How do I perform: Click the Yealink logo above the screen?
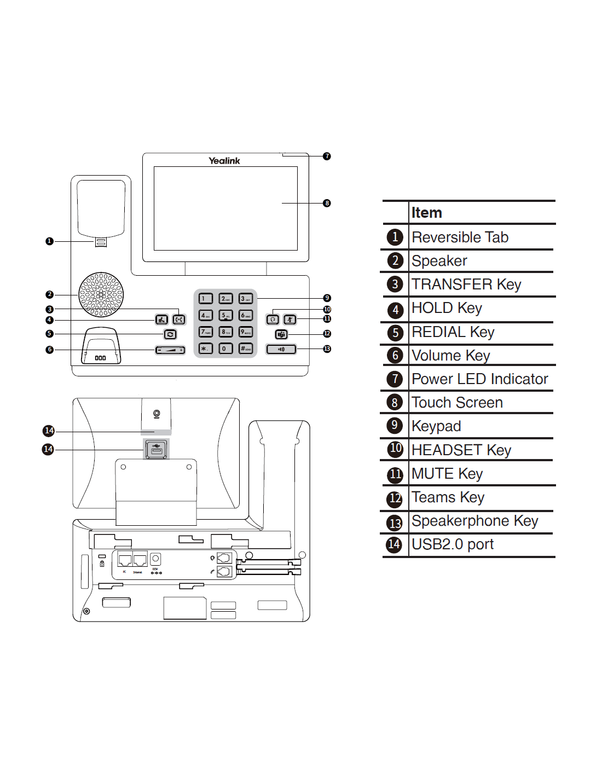tap(224, 161)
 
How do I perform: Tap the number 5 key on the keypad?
tap(225, 315)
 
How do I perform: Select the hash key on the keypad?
tap(246, 349)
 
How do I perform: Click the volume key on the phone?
tap(170, 350)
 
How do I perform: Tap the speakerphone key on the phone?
tap(281, 349)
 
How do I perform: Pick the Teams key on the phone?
tap(281, 334)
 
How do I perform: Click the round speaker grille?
tap(101, 294)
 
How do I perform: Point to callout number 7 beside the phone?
tap(327, 156)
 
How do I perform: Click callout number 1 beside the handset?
tap(49, 241)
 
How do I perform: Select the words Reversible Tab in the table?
tap(460, 237)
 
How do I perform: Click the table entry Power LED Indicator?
tap(479, 379)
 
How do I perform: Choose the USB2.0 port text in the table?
tap(452, 544)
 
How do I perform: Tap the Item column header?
tap(426, 213)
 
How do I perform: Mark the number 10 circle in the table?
tap(395, 449)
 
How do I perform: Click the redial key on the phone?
tap(170, 334)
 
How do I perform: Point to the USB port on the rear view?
tap(156, 449)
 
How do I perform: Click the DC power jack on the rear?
tap(155, 559)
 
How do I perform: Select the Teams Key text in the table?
tap(448, 497)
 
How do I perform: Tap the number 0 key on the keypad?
tap(225, 349)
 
